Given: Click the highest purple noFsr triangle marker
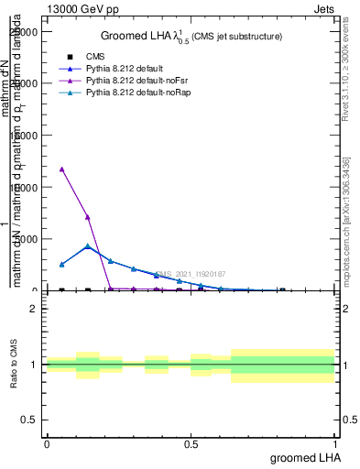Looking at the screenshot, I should (x=61, y=169).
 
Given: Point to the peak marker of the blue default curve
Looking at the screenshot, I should (x=87, y=246).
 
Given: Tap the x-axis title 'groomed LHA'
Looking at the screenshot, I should (x=305, y=457).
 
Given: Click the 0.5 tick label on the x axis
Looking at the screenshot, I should (x=191, y=442).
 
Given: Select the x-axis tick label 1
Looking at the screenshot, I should (x=336, y=442).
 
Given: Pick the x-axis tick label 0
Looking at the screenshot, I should (x=47, y=442).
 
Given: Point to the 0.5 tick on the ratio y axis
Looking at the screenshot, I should (x=29, y=420).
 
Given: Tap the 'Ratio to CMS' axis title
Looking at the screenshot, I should (x=15, y=364).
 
